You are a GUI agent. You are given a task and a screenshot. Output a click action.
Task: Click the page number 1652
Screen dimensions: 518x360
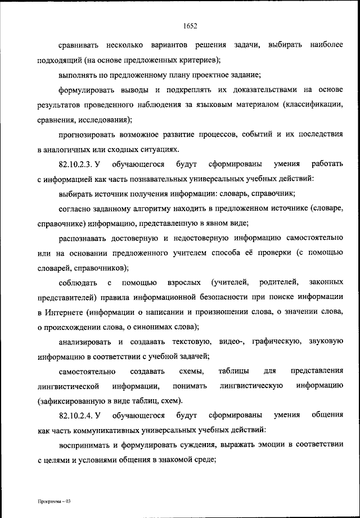189,24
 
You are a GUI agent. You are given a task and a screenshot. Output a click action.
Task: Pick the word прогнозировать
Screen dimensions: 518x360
89,135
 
